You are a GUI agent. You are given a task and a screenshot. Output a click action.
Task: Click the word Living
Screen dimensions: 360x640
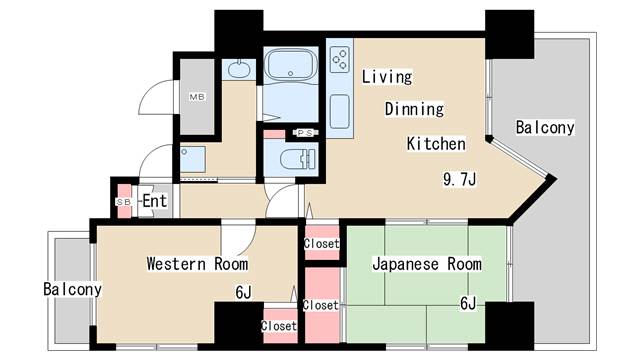coord(387,76)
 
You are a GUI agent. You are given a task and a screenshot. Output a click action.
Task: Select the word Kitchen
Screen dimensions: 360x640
coord(435,144)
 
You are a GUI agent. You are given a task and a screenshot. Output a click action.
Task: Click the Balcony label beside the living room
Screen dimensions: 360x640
coord(545,128)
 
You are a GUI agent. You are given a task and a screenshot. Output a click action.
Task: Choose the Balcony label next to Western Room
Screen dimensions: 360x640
coord(72,290)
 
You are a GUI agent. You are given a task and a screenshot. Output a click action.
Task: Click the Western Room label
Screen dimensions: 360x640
coord(197,265)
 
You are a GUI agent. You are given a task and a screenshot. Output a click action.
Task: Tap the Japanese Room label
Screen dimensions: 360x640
coord(426,265)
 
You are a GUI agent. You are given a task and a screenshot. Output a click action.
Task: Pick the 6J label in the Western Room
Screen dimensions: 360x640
coord(244,293)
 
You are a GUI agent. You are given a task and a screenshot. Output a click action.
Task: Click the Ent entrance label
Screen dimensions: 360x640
coord(154,202)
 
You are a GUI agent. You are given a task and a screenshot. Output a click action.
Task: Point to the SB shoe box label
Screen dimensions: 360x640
coord(124,202)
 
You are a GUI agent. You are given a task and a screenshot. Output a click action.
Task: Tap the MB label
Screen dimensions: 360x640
coord(197,97)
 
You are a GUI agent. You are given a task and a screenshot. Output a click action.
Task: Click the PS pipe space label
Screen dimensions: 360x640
coord(304,133)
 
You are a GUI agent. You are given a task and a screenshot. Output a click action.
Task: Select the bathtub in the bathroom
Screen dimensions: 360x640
coord(292,66)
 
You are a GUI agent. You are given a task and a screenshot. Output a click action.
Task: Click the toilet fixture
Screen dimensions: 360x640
coord(296,159)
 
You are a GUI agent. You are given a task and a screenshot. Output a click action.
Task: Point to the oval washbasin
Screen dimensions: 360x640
coord(239,68)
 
